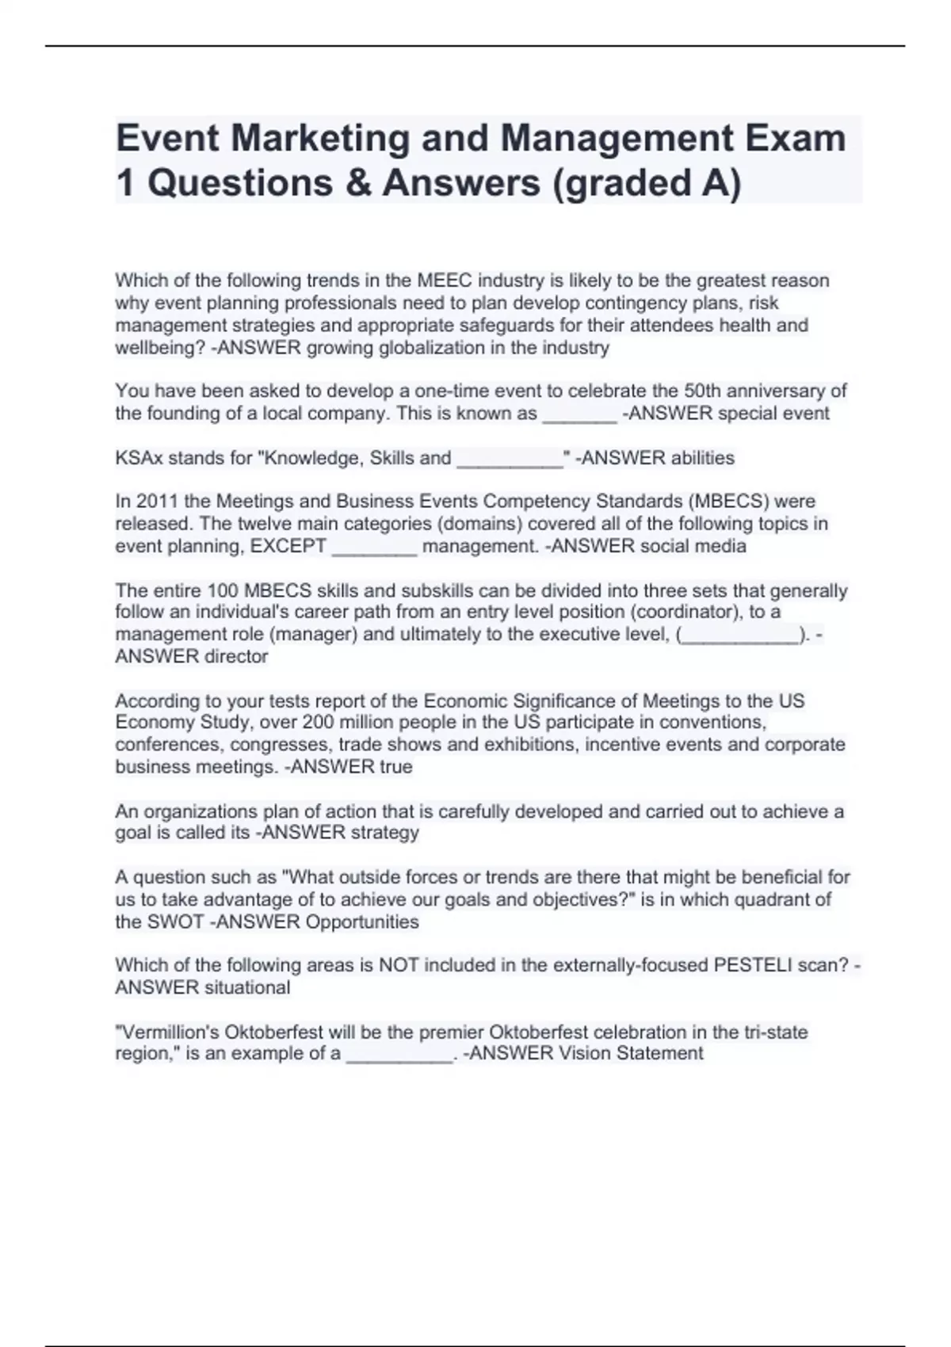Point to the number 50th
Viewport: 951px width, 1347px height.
(x=702, y=391)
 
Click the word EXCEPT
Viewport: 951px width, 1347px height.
(x=288, y=546)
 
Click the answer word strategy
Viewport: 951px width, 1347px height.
(x=384, y=833)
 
